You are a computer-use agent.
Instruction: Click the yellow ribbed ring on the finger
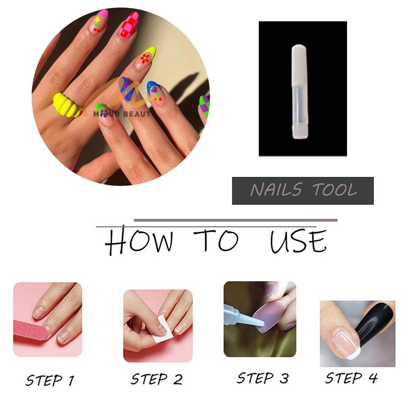click(67, 104)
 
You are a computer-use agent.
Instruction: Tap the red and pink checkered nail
click(129, 25)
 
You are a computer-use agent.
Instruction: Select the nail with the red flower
click(146, 59)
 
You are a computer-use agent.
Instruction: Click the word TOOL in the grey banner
click(335, 190)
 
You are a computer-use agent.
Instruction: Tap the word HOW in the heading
click(139, 240)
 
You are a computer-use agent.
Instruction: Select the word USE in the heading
click(298, 241)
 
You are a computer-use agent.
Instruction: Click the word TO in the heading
click(216, 240)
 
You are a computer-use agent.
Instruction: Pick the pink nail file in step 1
click(30, 330)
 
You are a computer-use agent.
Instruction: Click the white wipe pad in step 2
click(162, 330)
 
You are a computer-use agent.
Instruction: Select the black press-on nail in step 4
click(374, 323)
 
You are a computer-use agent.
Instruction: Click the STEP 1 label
click(50, 380)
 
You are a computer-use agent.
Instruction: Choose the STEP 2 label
click(156, 379)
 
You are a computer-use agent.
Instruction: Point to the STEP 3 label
click(263, 378)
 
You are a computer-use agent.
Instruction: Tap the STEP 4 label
click(351, 378)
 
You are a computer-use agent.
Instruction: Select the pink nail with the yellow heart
click(100, 22)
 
